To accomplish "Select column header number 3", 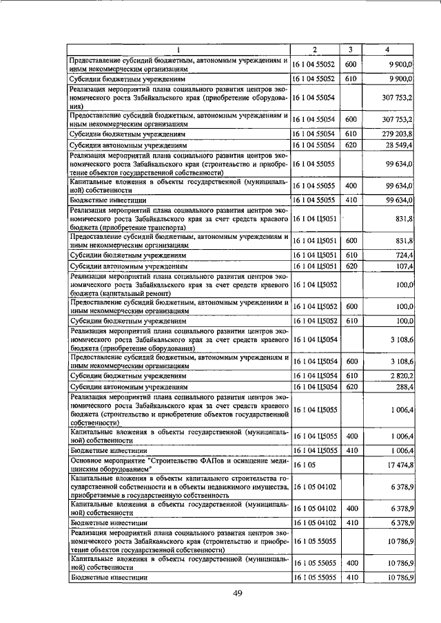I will (x=351, y=50).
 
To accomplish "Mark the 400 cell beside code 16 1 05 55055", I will (x=351, y=563).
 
